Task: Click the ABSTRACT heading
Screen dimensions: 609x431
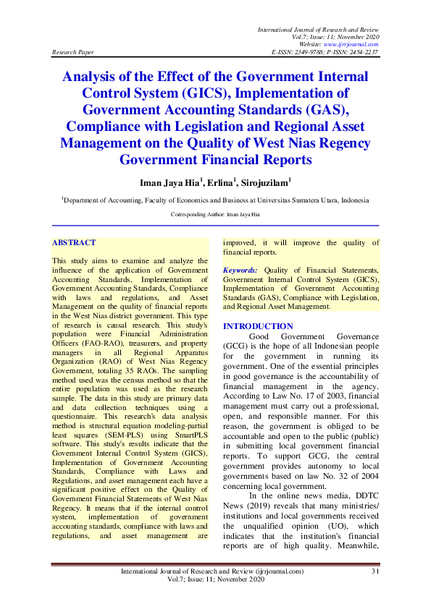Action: (74, 243)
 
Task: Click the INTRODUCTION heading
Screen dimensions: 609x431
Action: (258, 326)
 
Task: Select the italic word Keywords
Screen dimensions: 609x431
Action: (240, 269)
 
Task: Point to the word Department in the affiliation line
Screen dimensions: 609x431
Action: (85, 200)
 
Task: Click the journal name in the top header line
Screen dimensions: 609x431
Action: (319, 27)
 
